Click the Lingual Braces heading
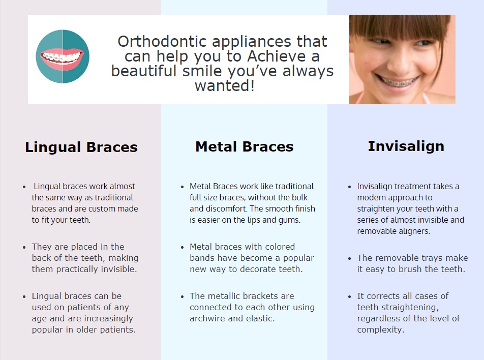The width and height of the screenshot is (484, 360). coord(81,147)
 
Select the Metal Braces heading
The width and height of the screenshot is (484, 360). coord(245,146)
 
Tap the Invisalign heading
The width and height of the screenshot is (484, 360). coord(406,146)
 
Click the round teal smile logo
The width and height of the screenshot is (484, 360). coord(63,56)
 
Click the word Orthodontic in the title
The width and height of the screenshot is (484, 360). coord(162,41)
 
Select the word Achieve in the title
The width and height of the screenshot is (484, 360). coord(276,56)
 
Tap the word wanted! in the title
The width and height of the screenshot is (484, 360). coord(225,85)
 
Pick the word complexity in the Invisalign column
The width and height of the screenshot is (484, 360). coord(379,329)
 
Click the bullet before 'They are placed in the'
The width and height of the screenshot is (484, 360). coord(24,247)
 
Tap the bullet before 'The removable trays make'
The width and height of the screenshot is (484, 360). coord(349,258)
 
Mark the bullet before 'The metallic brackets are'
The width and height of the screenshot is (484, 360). coord(182,297)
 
